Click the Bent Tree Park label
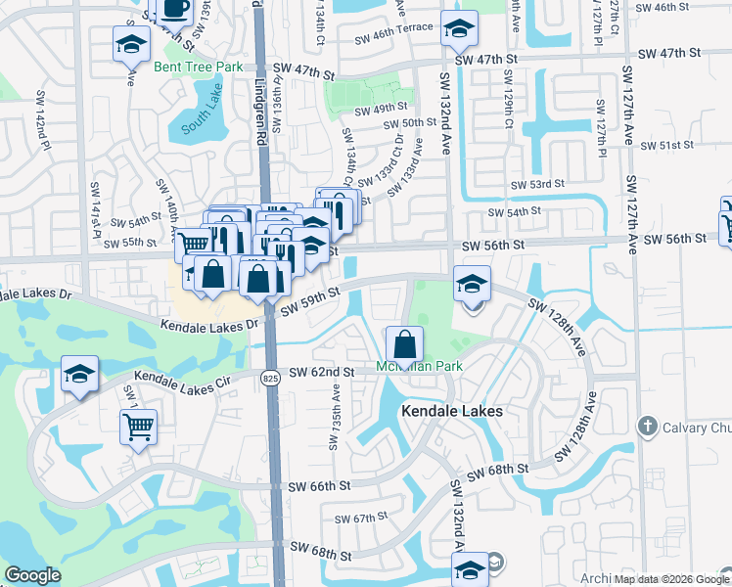pos(198,67)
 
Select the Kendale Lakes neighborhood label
pos(452,412)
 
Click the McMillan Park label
pos(419,367)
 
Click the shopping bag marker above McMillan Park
pos(404,345)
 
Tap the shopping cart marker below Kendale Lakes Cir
pos(139,427)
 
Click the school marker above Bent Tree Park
pos(131,45)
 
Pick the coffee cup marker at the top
pos(175,9)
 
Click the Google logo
pos(32,576)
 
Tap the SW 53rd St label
pos(538,184)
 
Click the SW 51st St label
pos(667,145)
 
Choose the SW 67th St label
pos(362,519)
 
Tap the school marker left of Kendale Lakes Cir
pos(80,375)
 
